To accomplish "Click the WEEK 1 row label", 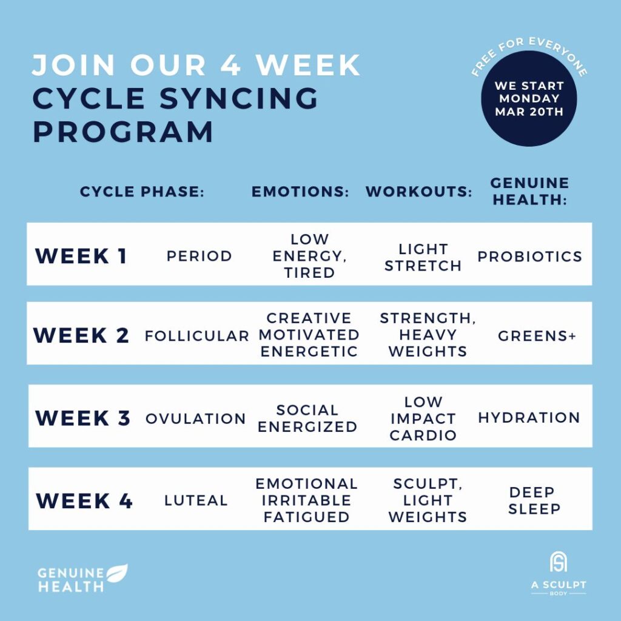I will point(81,256).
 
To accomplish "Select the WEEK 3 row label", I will point(83,418).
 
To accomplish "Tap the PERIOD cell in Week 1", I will point(199,256).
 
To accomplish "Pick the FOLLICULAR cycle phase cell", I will point(196,335).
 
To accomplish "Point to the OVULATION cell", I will point(195,418).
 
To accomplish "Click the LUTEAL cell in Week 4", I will point(196,500).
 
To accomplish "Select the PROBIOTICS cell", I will point(529,256).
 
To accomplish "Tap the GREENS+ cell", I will point(537,335).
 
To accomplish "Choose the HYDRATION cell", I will point(529,418).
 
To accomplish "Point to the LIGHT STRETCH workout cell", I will point(423,257).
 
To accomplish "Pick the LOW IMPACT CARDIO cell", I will point(423,418).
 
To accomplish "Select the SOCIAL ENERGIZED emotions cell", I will point(307,418).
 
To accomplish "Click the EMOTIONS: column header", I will point(300,192).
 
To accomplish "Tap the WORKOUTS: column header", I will point(418,192).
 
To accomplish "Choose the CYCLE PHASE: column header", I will point(142,192).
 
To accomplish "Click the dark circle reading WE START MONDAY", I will point(529,99).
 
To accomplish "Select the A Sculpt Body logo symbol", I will point(558,562).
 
